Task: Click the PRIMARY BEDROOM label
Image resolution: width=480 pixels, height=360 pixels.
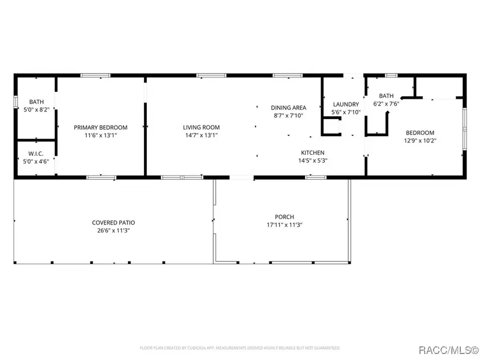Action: pyautogui.click(x=100, y=127)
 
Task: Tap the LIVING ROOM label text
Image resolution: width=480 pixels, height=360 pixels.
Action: pyautogui.click(x=201, y=127)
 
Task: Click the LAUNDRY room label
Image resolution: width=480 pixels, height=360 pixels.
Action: pyautogui.click(x=346, y=105)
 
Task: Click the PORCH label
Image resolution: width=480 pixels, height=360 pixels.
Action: pyautogui.click(x=284, y=217)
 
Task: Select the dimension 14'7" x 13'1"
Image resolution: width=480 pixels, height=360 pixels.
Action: pyautogui.click(x=201, y=135)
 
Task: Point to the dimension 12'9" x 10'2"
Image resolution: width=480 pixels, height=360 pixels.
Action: pyautogui.click(x=420, y=141)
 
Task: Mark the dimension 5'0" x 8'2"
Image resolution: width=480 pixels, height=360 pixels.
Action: pyautogui.click(x=36, y=110)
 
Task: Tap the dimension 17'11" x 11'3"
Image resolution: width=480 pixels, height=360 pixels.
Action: pyautogui.click(x=284, y=225)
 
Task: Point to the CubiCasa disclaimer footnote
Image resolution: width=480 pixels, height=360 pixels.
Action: pyautogui.click(x=239, y=348)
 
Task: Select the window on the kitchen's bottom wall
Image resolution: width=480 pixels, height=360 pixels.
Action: pyautogui.click(x=313, y=177)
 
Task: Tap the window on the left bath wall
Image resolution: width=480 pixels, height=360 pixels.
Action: pyautogui.click(x=15, y=101)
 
